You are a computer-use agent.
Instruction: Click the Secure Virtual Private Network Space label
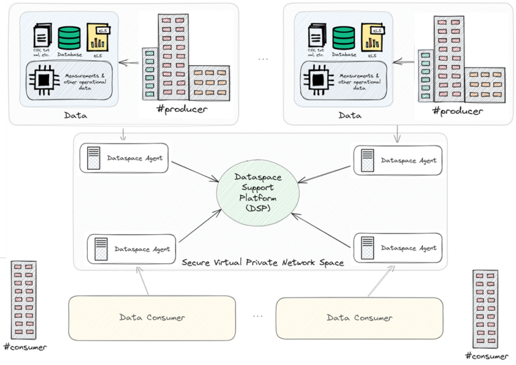click(x=263, y=262)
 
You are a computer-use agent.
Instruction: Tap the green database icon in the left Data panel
click(x=69, y=38)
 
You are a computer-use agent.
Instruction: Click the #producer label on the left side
click(x=181, y=109)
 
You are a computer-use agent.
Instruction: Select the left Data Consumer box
click(x=152, y=317)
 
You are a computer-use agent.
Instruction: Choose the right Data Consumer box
click(x=360, y=318)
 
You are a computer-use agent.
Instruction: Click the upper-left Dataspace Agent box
click(x=124, y=158)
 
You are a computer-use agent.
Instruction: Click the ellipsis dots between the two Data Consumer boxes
click(x=257, y=316)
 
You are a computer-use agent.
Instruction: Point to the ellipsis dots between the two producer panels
click(x=263, y=59)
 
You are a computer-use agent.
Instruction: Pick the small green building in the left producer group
click(x=150, y=75)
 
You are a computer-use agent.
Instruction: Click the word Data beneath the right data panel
click(x=350, y=115)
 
